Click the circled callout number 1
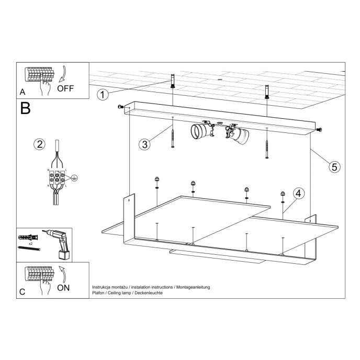tap(103, 95)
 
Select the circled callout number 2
tap(39, 144)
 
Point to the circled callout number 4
tap(297, 194)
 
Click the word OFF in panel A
tap(66, 88)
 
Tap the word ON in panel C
tap(63, 287)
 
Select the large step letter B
tap(26, 108)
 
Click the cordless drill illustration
tap(59, 245)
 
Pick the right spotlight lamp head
tap(238, 134)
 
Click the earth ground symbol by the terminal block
tap(74, 178)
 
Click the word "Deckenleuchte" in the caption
tap(149, 293)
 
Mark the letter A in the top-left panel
tap(22, 92)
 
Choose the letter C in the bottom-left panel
tap(22, 292)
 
